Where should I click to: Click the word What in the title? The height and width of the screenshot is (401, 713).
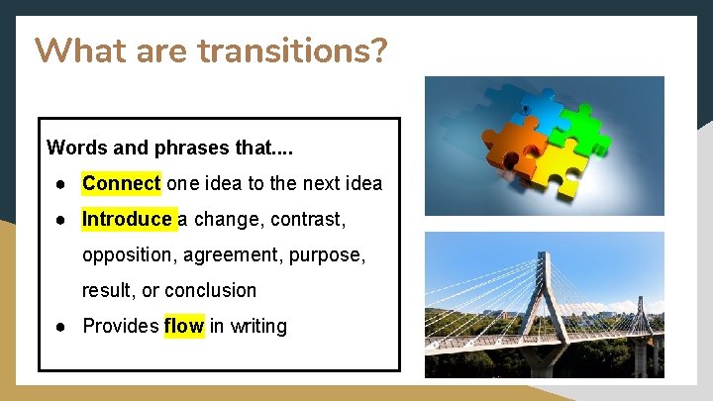pos(79,50)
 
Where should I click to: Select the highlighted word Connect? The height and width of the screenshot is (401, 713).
pos(121,183)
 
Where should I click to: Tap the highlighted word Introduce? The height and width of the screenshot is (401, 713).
pos(127,219)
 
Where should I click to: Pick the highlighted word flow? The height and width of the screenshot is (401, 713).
pos(183,326)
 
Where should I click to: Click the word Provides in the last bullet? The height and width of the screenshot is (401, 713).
pos(120,326)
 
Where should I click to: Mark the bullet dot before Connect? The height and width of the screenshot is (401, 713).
pos(60,183)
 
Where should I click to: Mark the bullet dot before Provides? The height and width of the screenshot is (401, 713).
pos(60,326)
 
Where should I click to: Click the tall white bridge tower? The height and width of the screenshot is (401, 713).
pos(540,297)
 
